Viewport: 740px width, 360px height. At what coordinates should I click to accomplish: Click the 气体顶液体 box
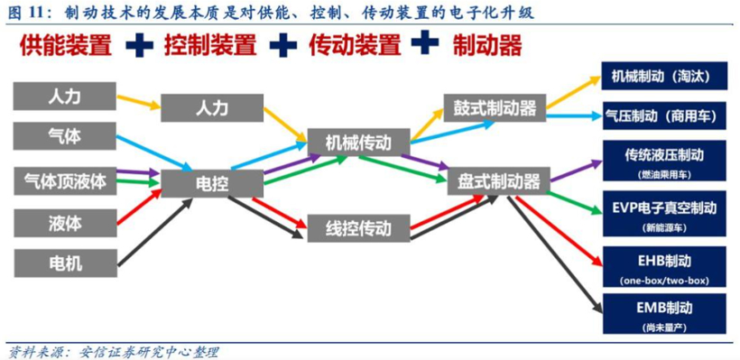pyautogui.click(x=64, y=181)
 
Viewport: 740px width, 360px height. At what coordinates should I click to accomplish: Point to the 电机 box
pyautogui.click(x=64, y=263)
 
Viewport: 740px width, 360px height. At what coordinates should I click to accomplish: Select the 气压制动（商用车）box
pyautogui.click(x=662, y=115)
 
